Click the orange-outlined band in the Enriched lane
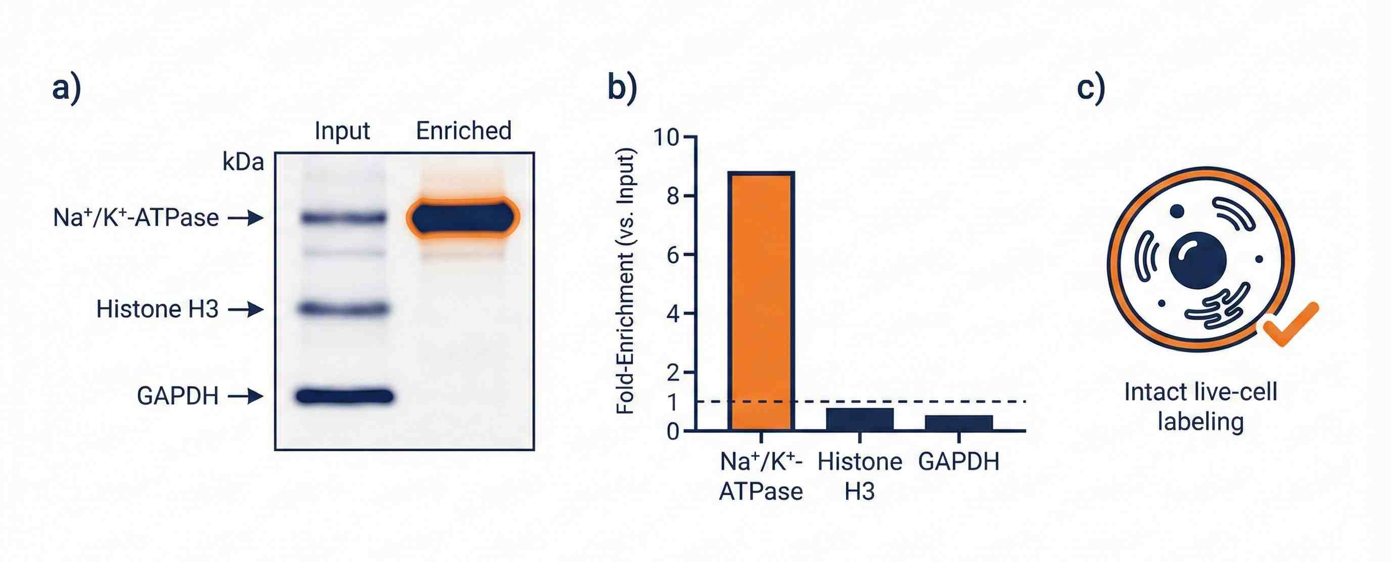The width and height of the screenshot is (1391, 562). click(463, 218)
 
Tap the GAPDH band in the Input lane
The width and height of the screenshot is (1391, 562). click(345, 396)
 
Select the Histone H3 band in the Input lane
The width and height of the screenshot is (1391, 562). click(345, 309)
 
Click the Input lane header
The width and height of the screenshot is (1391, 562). click(342, 131)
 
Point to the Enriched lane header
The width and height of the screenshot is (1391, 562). click(463, 131)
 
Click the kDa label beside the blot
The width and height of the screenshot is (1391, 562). click(243, 161)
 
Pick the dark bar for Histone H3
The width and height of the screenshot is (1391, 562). click(860, 419)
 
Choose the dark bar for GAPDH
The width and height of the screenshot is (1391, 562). click(958, 422)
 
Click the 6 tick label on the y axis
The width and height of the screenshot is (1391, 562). click(673, 255)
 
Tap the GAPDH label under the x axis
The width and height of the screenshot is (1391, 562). click(958, 461)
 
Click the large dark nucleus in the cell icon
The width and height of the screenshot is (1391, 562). click(1197, 260)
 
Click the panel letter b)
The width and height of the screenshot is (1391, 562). click(622, 88)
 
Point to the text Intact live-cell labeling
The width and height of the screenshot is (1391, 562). click(1200, 406)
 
